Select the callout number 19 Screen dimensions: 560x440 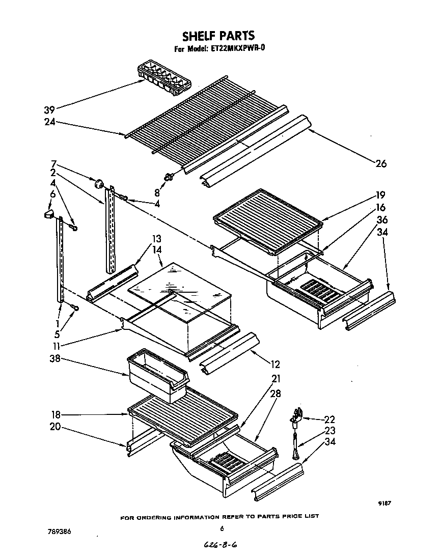pyautogui.click(x=380, y=194)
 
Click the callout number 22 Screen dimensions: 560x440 pyautogui.click(x=329, y=419)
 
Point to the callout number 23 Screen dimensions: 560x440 pyautogui.click(x=329, y=431)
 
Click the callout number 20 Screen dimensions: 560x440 pyautogui.click(x=55, y=427)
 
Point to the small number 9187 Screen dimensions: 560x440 pyautogui.click(x=384, y=503)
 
